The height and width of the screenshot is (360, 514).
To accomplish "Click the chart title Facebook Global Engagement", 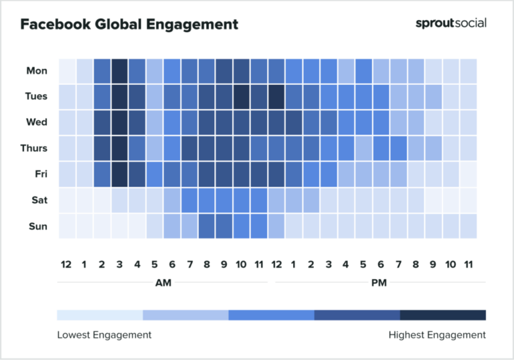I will [128, 25].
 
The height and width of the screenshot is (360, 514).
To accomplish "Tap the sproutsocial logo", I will [450, 23].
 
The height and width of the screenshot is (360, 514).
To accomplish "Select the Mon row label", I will [37, 70].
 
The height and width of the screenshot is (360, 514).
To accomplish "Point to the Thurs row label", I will [34, 148].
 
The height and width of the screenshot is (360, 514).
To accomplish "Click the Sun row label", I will [37, 226].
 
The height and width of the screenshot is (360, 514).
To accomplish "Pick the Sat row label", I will [38, 200].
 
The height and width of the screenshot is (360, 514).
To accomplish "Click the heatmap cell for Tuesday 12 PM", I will [276, 96].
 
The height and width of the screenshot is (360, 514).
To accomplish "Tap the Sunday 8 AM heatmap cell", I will [207, 226].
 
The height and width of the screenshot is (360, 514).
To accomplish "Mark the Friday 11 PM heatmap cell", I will [468, 174].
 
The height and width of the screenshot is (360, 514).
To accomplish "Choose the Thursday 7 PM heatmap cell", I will [398, 148].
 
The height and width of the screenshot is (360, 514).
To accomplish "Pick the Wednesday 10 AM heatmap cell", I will [242, 122].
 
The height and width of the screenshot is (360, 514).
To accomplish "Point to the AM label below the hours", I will [163, 282].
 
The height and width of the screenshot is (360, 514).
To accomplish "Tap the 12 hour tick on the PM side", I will [276, 265].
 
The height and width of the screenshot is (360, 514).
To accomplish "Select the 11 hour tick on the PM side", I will [468, 265].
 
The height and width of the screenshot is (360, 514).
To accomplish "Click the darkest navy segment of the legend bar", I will [442, 314].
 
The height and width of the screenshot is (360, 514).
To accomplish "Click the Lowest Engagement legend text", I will [104, 335].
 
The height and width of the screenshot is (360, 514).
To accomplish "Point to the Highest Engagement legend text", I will [437, 335].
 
